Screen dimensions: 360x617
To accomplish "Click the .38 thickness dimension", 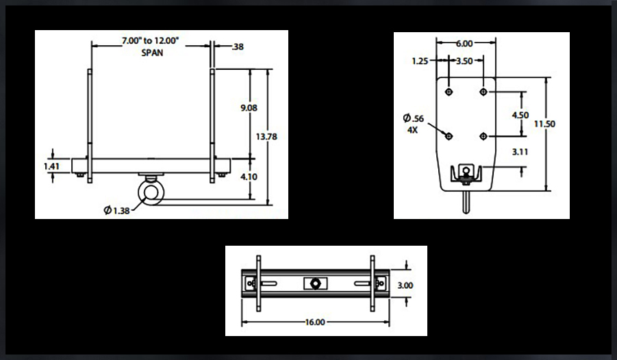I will click(238, 47).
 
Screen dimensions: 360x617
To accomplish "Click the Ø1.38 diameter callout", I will click(118, 210).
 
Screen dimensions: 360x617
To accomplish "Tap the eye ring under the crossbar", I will click(151, 192).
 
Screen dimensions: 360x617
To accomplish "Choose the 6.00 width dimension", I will click(465, 43).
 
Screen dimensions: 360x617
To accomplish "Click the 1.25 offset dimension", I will click(420, 61).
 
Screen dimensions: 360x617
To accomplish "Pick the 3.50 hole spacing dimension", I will click(464, 61).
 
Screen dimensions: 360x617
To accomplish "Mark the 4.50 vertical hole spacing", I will click(520, 115).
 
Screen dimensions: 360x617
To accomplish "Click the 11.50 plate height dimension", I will click(544, 124).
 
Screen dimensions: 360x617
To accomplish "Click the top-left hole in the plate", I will click(449, 92).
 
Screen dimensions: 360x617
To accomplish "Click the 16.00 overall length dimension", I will click(316, 321).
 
